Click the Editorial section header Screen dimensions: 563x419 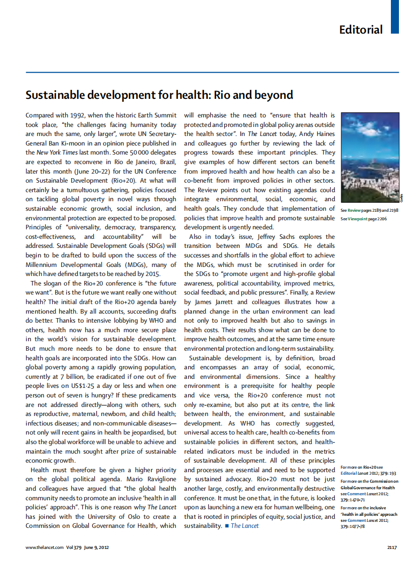(x=360, y=29)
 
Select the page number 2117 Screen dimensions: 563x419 (x=392, y=547)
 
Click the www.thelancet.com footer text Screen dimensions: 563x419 (x=45, y=547)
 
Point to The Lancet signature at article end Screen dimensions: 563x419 (x=245, y=525)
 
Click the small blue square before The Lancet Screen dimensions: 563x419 (x=226, y=526)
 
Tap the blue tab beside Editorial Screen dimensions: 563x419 (x=395, y=17)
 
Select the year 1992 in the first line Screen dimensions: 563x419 (x=79, y=115)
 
